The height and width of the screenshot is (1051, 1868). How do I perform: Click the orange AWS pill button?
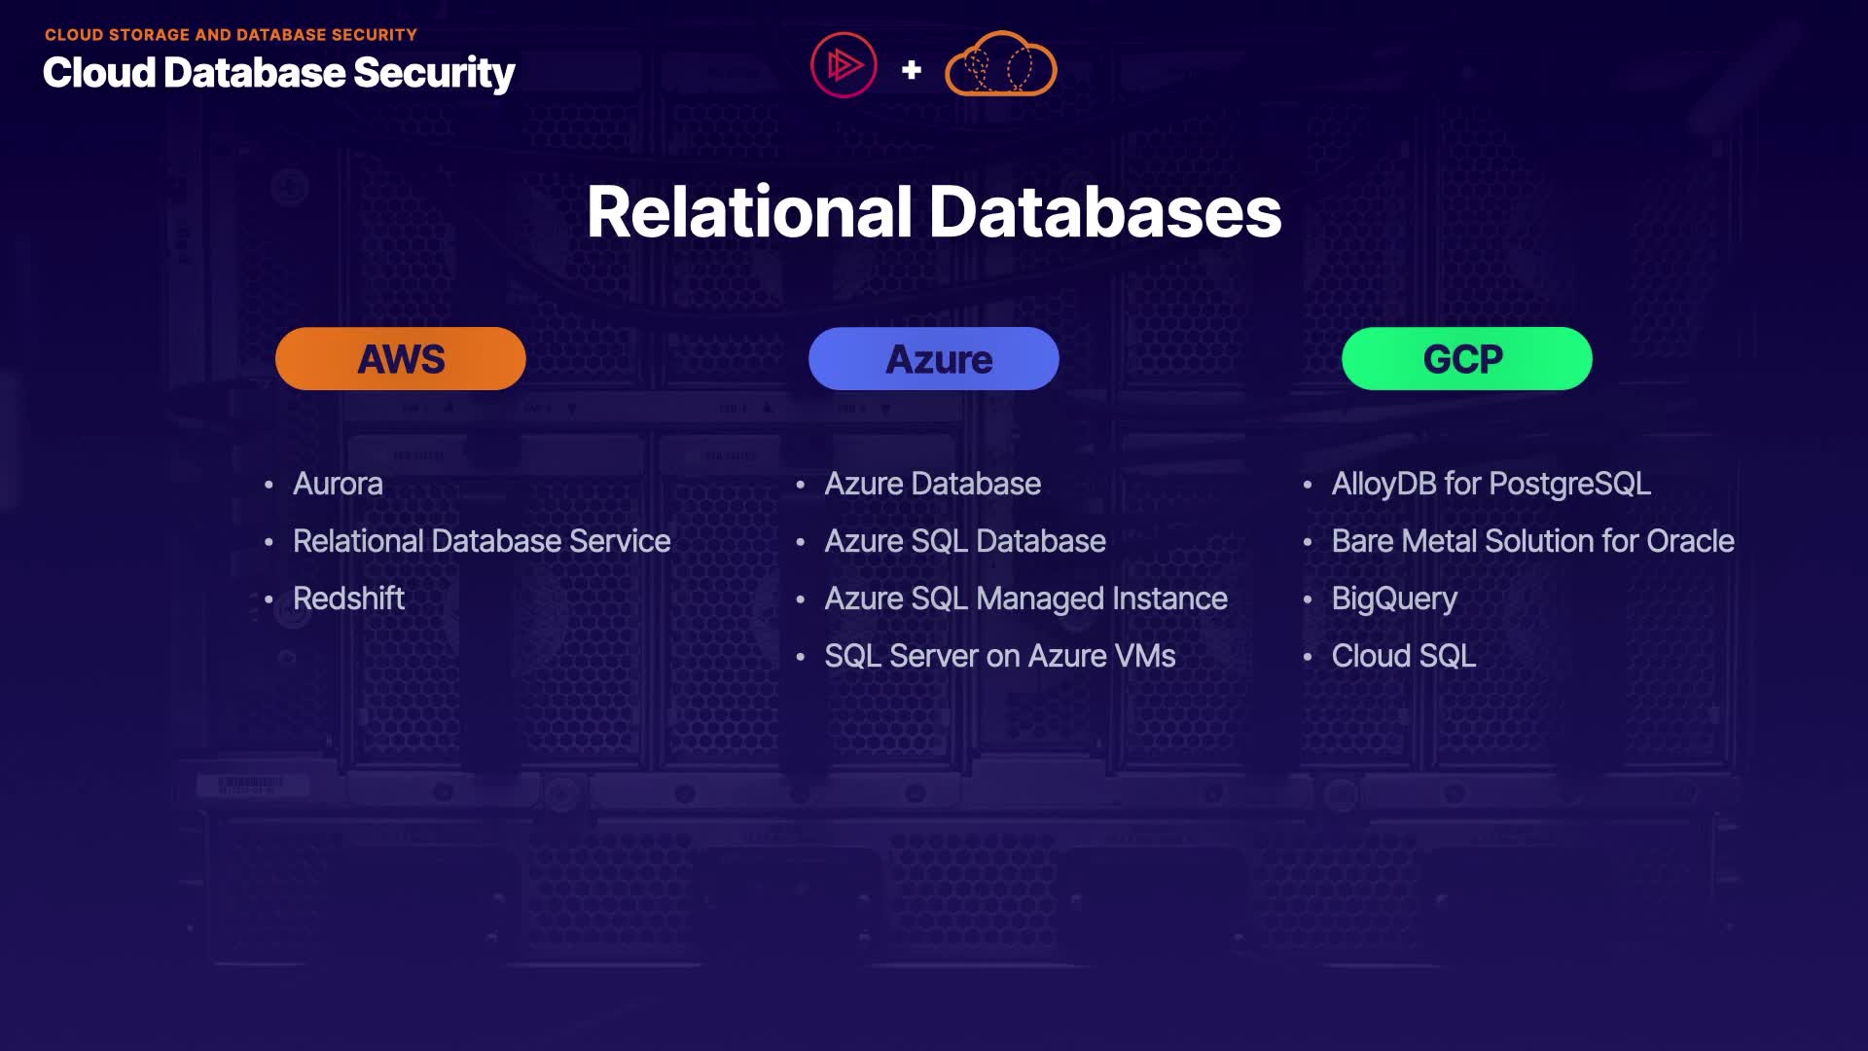(x=400, y=359)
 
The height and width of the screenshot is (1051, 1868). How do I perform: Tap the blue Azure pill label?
(x=933, y=359)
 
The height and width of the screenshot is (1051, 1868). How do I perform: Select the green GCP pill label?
(x=1466, y=359)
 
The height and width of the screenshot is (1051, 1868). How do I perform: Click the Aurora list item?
(x=338, y=484)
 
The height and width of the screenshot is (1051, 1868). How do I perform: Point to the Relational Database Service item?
(x=482, y=541)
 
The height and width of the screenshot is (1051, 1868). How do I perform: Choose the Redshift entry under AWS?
(x=348, y=598)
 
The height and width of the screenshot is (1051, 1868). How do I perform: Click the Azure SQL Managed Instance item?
(x=1025, y=598)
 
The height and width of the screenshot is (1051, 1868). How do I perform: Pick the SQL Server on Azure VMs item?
(x=999, y=656)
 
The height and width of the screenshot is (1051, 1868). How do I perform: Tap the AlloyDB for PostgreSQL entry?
(x=1491, y=484)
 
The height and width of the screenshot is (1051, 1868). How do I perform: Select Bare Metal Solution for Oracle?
(x=1532, y=541)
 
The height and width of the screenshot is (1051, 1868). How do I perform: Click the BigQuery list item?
(x=1394, y=598)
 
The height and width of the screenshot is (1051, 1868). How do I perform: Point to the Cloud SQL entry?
(x=1403, y=656)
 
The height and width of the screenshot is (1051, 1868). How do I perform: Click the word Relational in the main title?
(x=749, y=212)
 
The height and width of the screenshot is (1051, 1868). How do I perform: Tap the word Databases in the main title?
(x=1105, y=212)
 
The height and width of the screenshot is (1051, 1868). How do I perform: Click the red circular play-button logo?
(x=844, y=65)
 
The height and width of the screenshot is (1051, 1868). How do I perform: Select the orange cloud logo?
(x=1000, y=65)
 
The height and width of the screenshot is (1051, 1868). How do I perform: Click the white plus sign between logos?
(x=912, y=70)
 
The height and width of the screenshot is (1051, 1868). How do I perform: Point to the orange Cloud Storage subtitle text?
(x=231, y=35)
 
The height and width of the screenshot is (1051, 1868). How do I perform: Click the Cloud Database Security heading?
(x=278, y=73)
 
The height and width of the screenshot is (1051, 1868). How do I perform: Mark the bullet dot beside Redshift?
(x=269, y=599)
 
